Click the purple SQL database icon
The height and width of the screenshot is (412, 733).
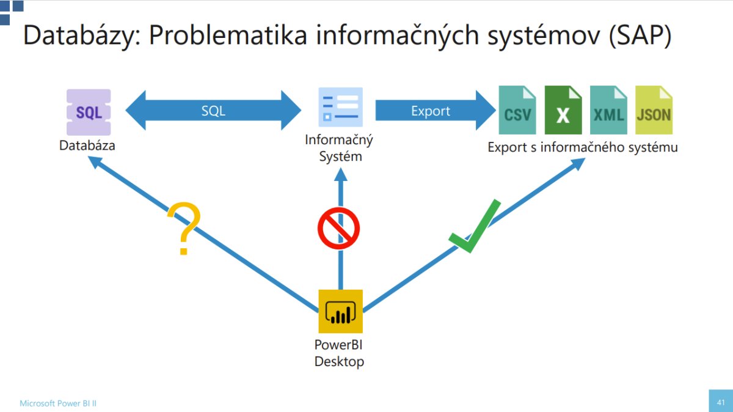pos(89,112)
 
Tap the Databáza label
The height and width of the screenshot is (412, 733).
pos(87,146)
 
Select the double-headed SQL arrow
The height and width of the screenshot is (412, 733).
pos(213,111)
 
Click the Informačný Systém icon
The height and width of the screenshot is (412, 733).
pos(340,108)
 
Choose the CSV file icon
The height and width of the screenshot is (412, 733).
pos(517,110)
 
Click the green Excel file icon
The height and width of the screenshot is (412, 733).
pos(563,110)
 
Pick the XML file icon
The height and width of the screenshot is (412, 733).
pos(608,110)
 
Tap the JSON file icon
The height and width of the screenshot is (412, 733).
pos(654,110)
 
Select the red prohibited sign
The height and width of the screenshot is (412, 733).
pos(338,228)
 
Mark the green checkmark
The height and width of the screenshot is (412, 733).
pos(475,227)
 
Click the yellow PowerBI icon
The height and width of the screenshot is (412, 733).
pos(340,311)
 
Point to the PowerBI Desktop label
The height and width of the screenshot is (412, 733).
pos(339,353)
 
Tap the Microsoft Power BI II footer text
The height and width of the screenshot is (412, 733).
pos(58,403)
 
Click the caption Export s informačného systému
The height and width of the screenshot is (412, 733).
pos(582,147)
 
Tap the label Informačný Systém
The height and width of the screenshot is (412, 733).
pos(339,148)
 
